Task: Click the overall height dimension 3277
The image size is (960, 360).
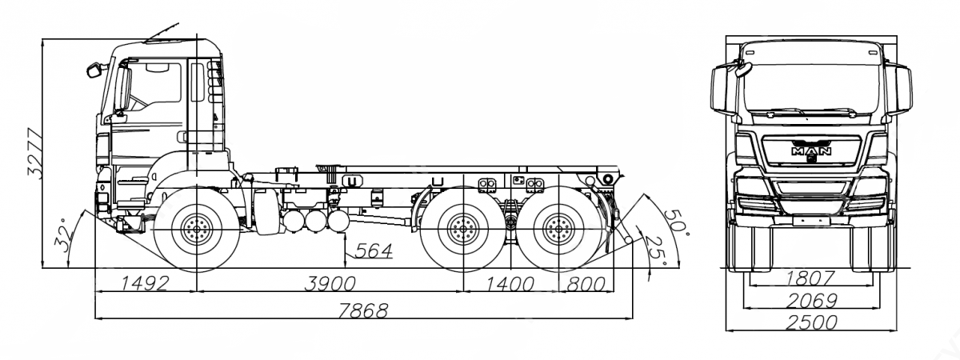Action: (x=33, y=154)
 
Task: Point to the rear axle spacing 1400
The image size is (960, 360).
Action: (x=510, y=282)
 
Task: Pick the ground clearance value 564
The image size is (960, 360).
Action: (x=374, y=251)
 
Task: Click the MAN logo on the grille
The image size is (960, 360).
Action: (x=810, y=150)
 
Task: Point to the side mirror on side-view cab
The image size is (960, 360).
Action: (x=97, y=70)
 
